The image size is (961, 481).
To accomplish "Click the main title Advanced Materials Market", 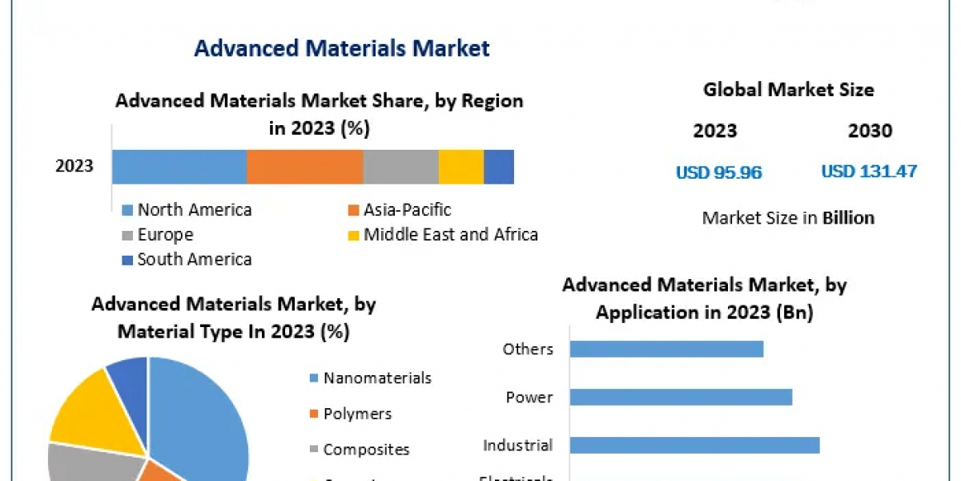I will tap(341, 48).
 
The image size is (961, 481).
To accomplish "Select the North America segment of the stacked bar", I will tap(179, 167).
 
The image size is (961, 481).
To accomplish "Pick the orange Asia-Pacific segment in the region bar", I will tap(304, 167).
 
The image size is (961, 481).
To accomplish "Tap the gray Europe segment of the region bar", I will tap(400, 167).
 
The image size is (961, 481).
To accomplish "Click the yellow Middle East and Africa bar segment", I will tap(460, 167).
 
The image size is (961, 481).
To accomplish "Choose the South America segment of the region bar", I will tap(498, 167).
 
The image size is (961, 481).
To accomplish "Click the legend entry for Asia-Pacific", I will tap(407, 210).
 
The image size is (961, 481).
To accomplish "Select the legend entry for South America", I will tap(194, 259).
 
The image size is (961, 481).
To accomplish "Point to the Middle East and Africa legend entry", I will tap(450, 235).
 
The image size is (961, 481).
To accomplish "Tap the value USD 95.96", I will tap(718, 172).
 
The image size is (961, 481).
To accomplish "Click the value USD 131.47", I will tap(869, 171).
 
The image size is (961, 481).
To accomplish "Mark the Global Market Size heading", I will tap(788, 90).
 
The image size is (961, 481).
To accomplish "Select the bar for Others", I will tap(666, 349).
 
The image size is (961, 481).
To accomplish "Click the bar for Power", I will tap(681, 397).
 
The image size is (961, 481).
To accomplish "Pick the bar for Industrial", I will tap(694, 445).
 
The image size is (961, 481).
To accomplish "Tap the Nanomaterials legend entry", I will tap(376, 378).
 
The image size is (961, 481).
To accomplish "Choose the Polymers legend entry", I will tap(357, 414).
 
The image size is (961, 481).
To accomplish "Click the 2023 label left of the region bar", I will tap(74, 167).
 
